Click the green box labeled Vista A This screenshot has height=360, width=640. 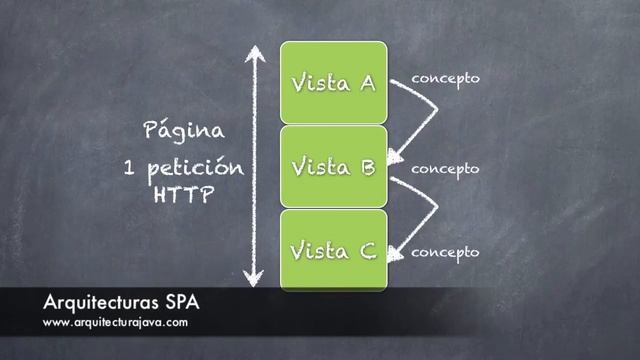(x=333, y=82)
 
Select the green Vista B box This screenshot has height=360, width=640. (x=333, y=167)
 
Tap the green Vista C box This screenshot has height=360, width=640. (x=333, y=250)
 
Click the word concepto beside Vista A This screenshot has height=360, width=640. (x=445, y=78)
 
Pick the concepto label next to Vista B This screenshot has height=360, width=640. (x=445, y=168)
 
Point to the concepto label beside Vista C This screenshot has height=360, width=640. (x=445, y=252)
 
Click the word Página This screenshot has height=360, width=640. (x=183, y=131)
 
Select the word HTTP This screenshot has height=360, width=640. (x=183, y=195)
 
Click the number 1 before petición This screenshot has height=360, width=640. (x=128, y=164)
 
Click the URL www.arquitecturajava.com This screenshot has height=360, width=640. (x=115, y=323)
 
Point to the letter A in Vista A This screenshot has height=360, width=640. (x=366, y=82)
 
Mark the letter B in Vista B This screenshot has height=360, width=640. (x=366, y=167)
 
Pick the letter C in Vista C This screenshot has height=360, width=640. (x=366, y=250)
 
